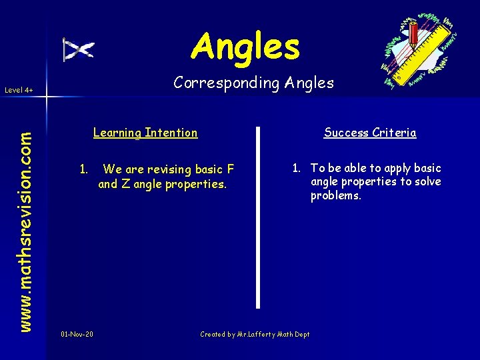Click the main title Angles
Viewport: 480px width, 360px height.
point(245,47)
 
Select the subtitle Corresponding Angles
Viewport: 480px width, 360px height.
point(253,83)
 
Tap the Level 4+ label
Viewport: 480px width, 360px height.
point(19,89)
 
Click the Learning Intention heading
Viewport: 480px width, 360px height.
point(145,133)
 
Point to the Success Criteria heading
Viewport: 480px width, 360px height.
point(370,133)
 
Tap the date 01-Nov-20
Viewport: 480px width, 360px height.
point(77,334)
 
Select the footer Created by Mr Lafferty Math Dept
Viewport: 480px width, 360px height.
point(255,334)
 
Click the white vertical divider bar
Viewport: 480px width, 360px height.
point(257,217)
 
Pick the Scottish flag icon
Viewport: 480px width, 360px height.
point(79,50)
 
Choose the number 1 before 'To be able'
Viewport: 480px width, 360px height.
point(297,168)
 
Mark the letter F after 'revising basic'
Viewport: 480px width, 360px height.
point(230,169)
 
